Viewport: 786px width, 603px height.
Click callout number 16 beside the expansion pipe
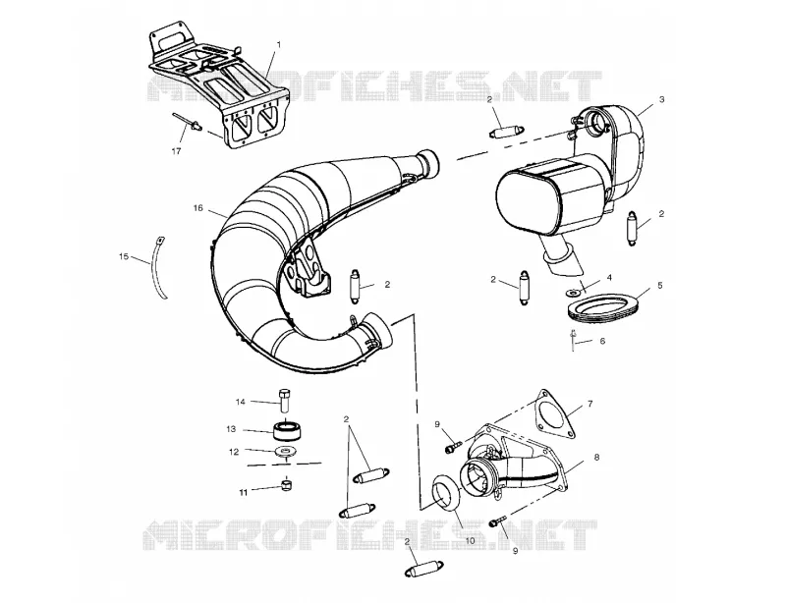point(198,207)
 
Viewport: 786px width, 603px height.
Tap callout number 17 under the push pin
point(176,151)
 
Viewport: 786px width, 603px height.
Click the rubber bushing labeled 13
point(289,431)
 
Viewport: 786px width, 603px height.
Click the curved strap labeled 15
point(158,268)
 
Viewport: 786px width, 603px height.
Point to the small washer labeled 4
point(572,291)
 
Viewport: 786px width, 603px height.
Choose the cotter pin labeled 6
point(573,340)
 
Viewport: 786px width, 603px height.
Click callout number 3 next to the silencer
point(661,99)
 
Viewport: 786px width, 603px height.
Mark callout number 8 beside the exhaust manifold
point(596,457)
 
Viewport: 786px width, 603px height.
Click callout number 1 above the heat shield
point(279,44)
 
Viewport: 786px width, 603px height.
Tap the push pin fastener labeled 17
point(188,122)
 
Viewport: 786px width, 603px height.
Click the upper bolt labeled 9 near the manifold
point(453,445)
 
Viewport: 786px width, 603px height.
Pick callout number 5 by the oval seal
point(659,285)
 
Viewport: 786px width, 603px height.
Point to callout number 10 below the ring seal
point(471,541)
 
